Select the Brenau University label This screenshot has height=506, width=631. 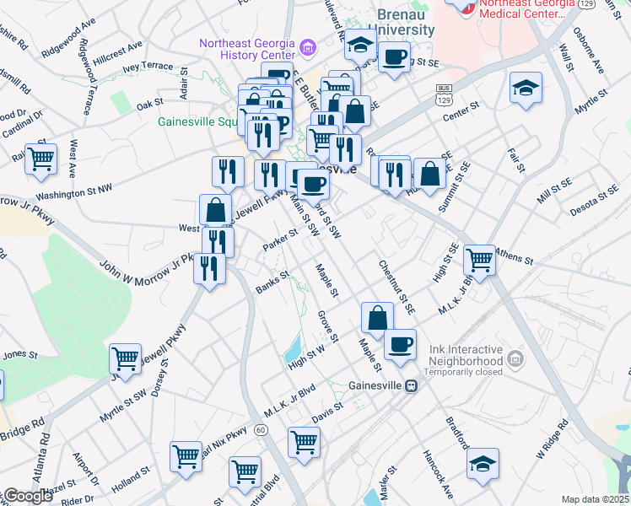(405, 23)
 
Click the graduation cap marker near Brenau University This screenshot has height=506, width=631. (361, 46)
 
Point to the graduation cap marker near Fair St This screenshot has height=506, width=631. (525, 88)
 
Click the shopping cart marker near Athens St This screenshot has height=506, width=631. (479, 260)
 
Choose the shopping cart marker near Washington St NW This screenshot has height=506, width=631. (40, 158)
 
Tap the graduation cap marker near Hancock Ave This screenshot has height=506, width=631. (483, 463)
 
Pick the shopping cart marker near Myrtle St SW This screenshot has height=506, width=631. (125, 358)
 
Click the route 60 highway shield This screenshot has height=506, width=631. (262, 430)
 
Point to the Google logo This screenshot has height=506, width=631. (28, 496)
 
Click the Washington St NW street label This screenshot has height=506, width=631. (74, 193)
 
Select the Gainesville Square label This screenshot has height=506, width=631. (195, 121)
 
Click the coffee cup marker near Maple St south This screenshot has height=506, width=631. (400, 343)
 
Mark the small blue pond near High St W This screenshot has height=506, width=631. (294, 347)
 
